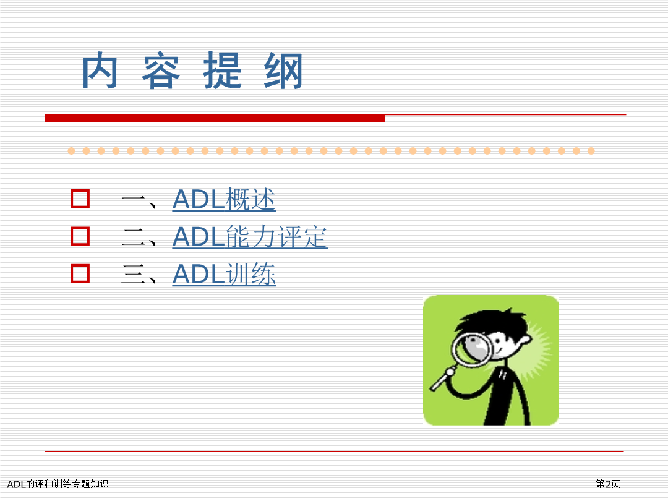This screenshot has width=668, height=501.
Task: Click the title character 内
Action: click(100, 71)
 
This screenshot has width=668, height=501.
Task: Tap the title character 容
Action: click(161, 71)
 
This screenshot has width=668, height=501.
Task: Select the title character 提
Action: click(223, 71)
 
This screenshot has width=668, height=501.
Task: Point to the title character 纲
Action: click(283, 71)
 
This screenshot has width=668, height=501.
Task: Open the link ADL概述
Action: click(224, 199)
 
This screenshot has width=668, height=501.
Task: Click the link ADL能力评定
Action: click(250, 236)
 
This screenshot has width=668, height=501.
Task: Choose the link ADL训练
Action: click(224, 274)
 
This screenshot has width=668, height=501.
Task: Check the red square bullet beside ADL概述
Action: click(80, 199)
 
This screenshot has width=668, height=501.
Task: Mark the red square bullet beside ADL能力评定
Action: click(80, 236)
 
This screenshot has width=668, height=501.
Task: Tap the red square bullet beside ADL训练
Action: click(80, 273)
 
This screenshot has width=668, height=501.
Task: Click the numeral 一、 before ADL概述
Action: click(140, 200)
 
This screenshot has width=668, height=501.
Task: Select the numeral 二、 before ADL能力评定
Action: click(140, 238)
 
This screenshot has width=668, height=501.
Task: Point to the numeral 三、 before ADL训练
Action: click(140, 275)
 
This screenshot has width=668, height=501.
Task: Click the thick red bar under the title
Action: click(215, 118)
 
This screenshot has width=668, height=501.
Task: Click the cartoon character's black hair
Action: click(490, 323)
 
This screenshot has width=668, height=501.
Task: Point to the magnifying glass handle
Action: click(442, 380)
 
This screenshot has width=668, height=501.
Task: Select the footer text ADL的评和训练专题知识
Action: click(58, 484)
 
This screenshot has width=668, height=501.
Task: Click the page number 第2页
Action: click(608, 484)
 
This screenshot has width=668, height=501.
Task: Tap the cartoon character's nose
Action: click(526, 339)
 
